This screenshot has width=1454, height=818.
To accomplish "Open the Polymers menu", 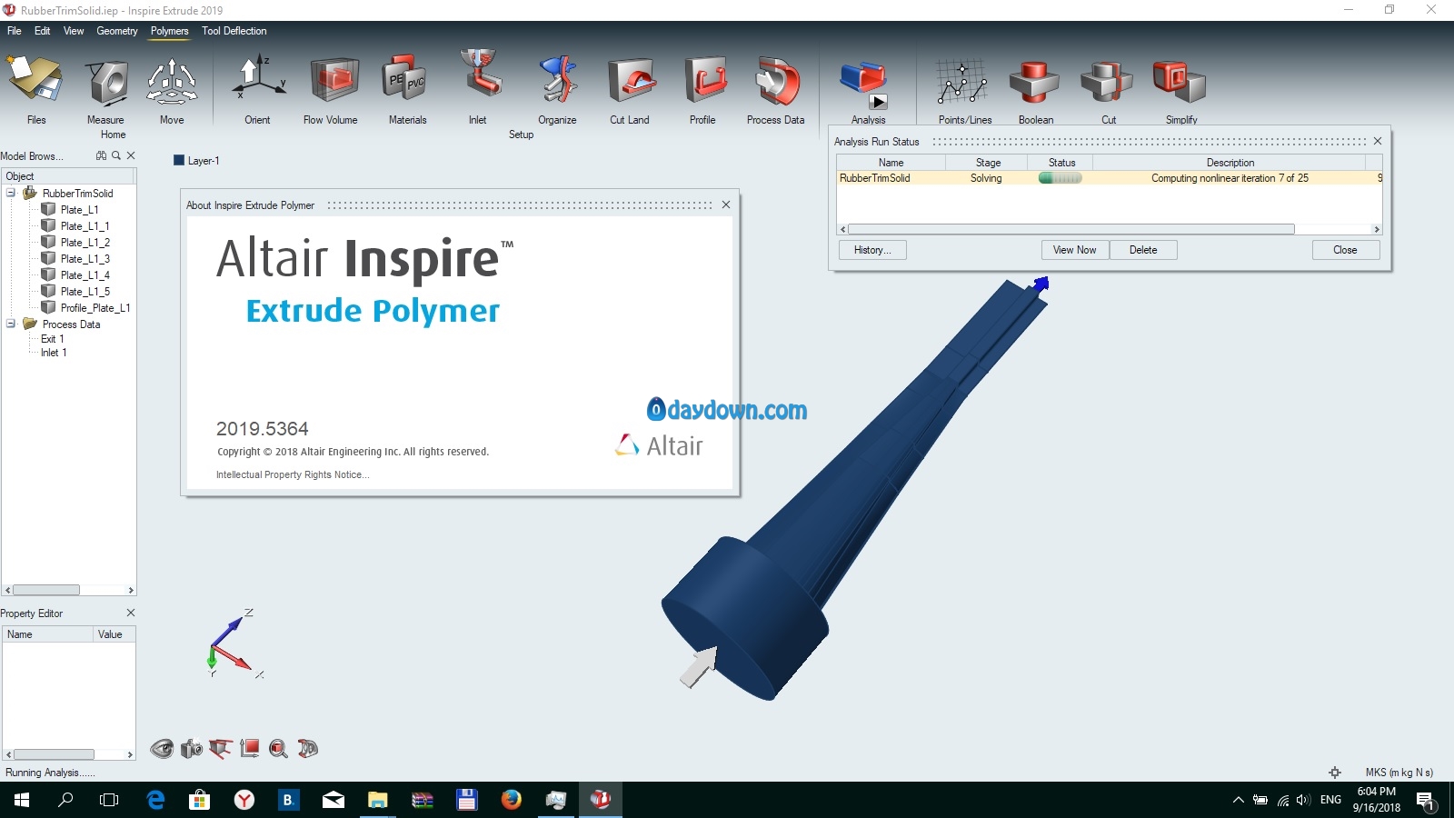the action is pos(169,31).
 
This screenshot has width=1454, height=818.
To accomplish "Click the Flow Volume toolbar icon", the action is pos(334,81).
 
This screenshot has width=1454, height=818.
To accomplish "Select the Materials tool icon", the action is pos(403,79).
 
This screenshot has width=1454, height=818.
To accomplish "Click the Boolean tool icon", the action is pos(1034,82).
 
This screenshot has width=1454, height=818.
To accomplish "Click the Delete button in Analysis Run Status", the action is pos(1143,250).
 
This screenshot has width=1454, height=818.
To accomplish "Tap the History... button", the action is pos(872,250).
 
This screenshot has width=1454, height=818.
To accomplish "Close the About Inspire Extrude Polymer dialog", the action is pos(726,204).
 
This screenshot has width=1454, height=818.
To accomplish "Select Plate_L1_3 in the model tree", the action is pos(85,258).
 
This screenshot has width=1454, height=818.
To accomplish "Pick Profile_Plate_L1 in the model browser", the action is pos(95,308).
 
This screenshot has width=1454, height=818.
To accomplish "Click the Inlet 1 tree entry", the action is pos(54,353).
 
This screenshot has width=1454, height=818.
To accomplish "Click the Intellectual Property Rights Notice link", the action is pos(293,474).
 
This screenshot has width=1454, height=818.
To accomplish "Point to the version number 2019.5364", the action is pos(263,428).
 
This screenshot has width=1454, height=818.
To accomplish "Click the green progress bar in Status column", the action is pos(1060,178).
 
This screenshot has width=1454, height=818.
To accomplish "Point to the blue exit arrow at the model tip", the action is pos(1041,284).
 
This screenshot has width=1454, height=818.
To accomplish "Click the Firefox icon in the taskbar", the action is pos(511,799).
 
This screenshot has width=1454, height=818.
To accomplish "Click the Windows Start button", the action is pos(22,800).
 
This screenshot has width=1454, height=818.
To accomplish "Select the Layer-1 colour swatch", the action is pos(179,160).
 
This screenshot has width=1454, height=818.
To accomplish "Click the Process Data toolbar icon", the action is pos(776,81).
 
